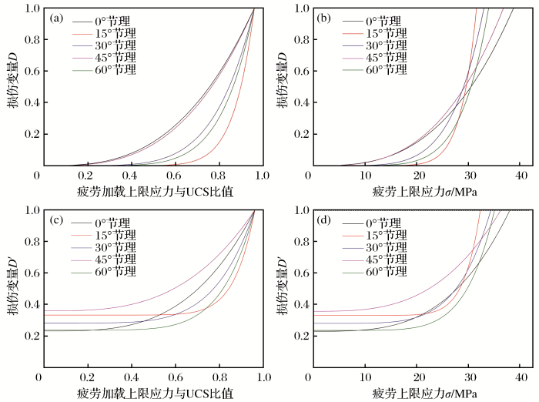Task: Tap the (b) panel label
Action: click(x=324, y=17)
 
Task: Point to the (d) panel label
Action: click(x=324, y=219)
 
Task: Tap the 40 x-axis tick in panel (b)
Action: click(x=520, y=176)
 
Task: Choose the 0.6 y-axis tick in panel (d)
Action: click(x=298, y=272)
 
